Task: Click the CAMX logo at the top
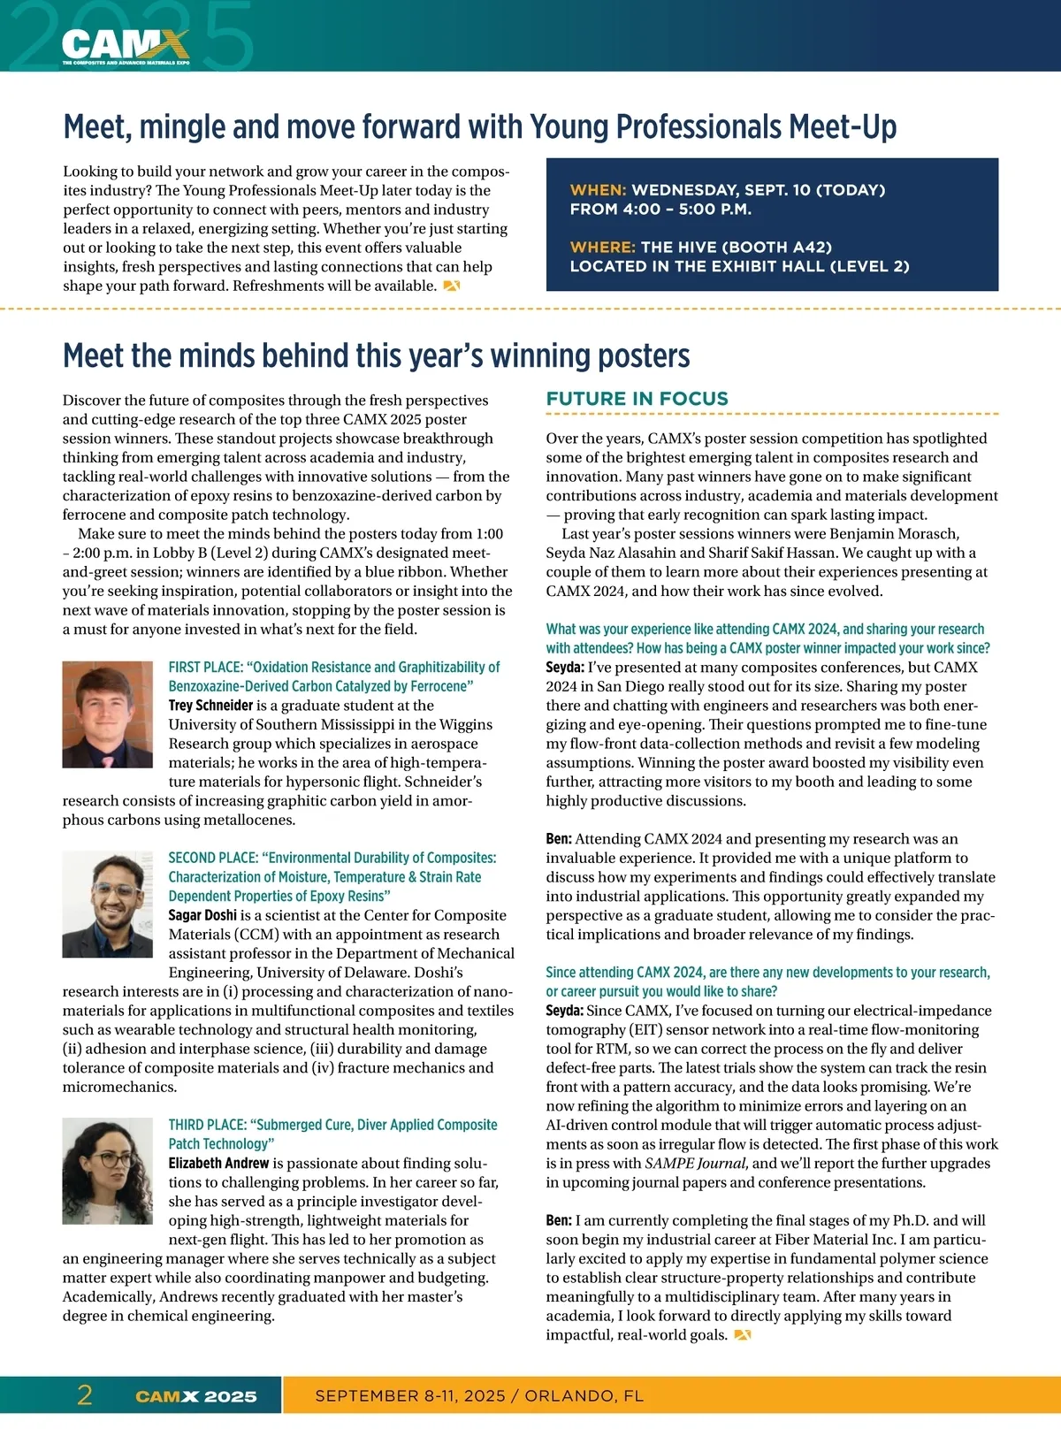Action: (x=125, y=45)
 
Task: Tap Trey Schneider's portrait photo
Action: (x=108, y=714)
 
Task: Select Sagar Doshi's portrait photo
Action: (x=108, y=905)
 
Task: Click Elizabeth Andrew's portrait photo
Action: (x=108, y=1171)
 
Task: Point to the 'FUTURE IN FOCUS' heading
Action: (x=637, y=399)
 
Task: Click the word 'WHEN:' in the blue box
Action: (x=598, y=190)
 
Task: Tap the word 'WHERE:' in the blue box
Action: (x=602, y=248)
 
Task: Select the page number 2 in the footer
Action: (x=85, y=1395)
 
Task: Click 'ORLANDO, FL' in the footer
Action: (x=584, y=1396)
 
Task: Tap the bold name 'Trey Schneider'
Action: (x=210, y=706)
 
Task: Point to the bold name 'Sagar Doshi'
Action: (x=202, y=915)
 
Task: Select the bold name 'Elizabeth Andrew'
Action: (x=218, y=1164)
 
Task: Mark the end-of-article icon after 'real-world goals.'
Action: (x=742, y=1335)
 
